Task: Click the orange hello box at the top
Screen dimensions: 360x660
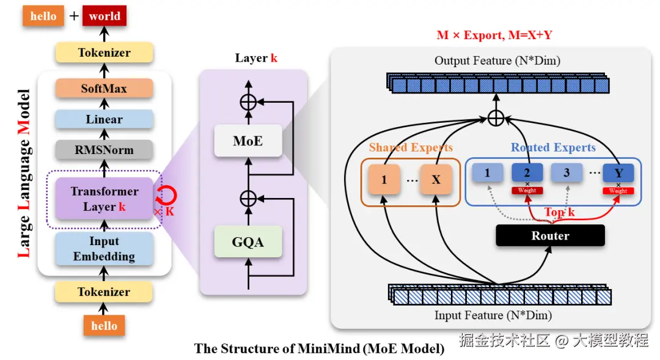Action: [x=43, y=17]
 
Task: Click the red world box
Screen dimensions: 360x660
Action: [x=105, y=17]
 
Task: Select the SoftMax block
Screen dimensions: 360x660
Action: [x=104, y=89]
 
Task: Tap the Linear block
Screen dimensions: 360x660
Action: [x=104, y=119]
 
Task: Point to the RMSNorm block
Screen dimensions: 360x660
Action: [x=104, y=149]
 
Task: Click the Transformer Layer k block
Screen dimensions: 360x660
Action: [x=104, y=199]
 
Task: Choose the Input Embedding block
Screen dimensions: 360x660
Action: [x=104, y=249]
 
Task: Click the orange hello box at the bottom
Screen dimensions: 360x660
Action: [x=104, y=325]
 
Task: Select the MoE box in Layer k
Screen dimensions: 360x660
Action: [x=248, y=141]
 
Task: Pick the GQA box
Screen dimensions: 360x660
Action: [x=248, y=242]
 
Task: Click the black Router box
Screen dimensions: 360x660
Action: [x=550, y=235]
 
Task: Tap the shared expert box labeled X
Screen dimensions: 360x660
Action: [x=436, y=180]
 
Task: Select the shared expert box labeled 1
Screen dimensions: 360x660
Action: [x=384, y=180]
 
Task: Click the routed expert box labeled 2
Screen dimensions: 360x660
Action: [x=527, y=173]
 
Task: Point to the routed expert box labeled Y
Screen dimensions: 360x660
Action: [x=618, y=173]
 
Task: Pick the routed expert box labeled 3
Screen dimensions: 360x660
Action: [x=566, y=173]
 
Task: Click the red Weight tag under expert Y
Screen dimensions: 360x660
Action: [x=618, y=191]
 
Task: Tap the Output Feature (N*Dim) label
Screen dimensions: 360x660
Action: [x=497, y=61]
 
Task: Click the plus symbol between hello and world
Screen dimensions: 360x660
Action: [x=74, y=17]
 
